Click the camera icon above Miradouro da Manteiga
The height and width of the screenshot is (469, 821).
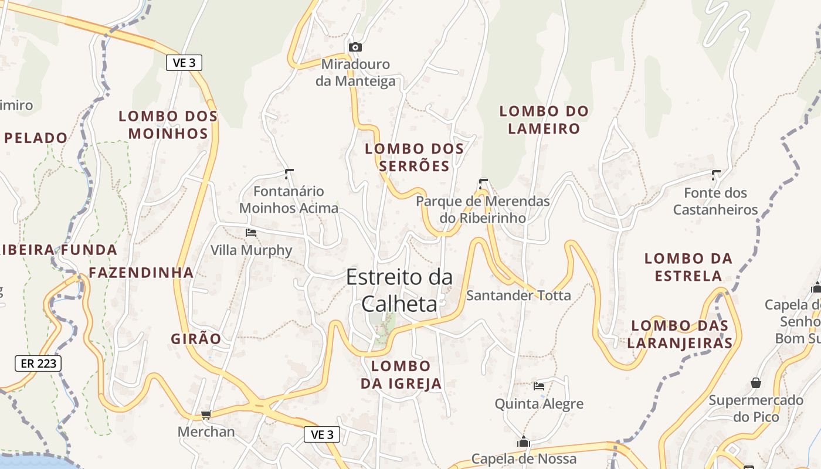[x=355, y=47]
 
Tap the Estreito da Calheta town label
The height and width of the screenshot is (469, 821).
[x=399, y=290]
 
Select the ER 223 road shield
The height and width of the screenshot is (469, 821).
[x=38, y=363]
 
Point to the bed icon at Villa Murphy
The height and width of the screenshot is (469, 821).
[x=251, y=233]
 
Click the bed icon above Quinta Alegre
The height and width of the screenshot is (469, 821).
[x=539, y=386]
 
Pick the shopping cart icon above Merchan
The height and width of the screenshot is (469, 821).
[x=206, y=415]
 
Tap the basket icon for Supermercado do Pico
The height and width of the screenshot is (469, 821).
[x=756, y=383]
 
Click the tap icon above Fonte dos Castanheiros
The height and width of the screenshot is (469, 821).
[x=715, y=174]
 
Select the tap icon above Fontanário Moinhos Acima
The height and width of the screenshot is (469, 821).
[x=289, y=173]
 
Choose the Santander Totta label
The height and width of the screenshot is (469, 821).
[x=518, y=295]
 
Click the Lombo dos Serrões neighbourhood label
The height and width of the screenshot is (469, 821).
[x=415, y=157]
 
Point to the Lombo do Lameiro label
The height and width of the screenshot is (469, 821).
[x=544, y=120]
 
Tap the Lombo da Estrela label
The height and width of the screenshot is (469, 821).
[x=688, y=267]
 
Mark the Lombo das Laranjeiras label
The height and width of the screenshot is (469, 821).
[x=680, y=334]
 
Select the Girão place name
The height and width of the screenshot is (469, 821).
[x=196, y=339]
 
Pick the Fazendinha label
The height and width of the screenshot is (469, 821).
[x=141, y=273]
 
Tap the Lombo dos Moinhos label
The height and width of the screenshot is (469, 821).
[x=168, y=125]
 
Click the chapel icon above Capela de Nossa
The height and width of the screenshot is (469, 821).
[x=523, y=441]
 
